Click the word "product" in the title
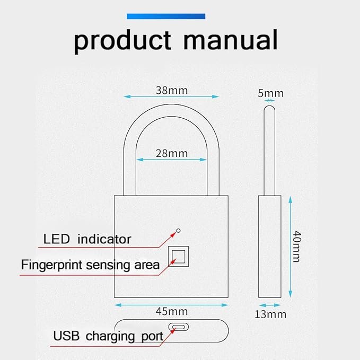click(123, 40)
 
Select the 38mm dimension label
click(171, 90)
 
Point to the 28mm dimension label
click(171, 153)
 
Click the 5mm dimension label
click(270, 93)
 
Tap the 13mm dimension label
click(270, 314)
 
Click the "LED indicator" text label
click(87, 239)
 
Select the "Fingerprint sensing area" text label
click(90, 264)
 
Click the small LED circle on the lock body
click(179, 230)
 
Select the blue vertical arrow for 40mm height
click(290, 246)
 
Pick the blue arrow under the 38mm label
click(171, 96)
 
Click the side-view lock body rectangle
click(269, 246)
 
